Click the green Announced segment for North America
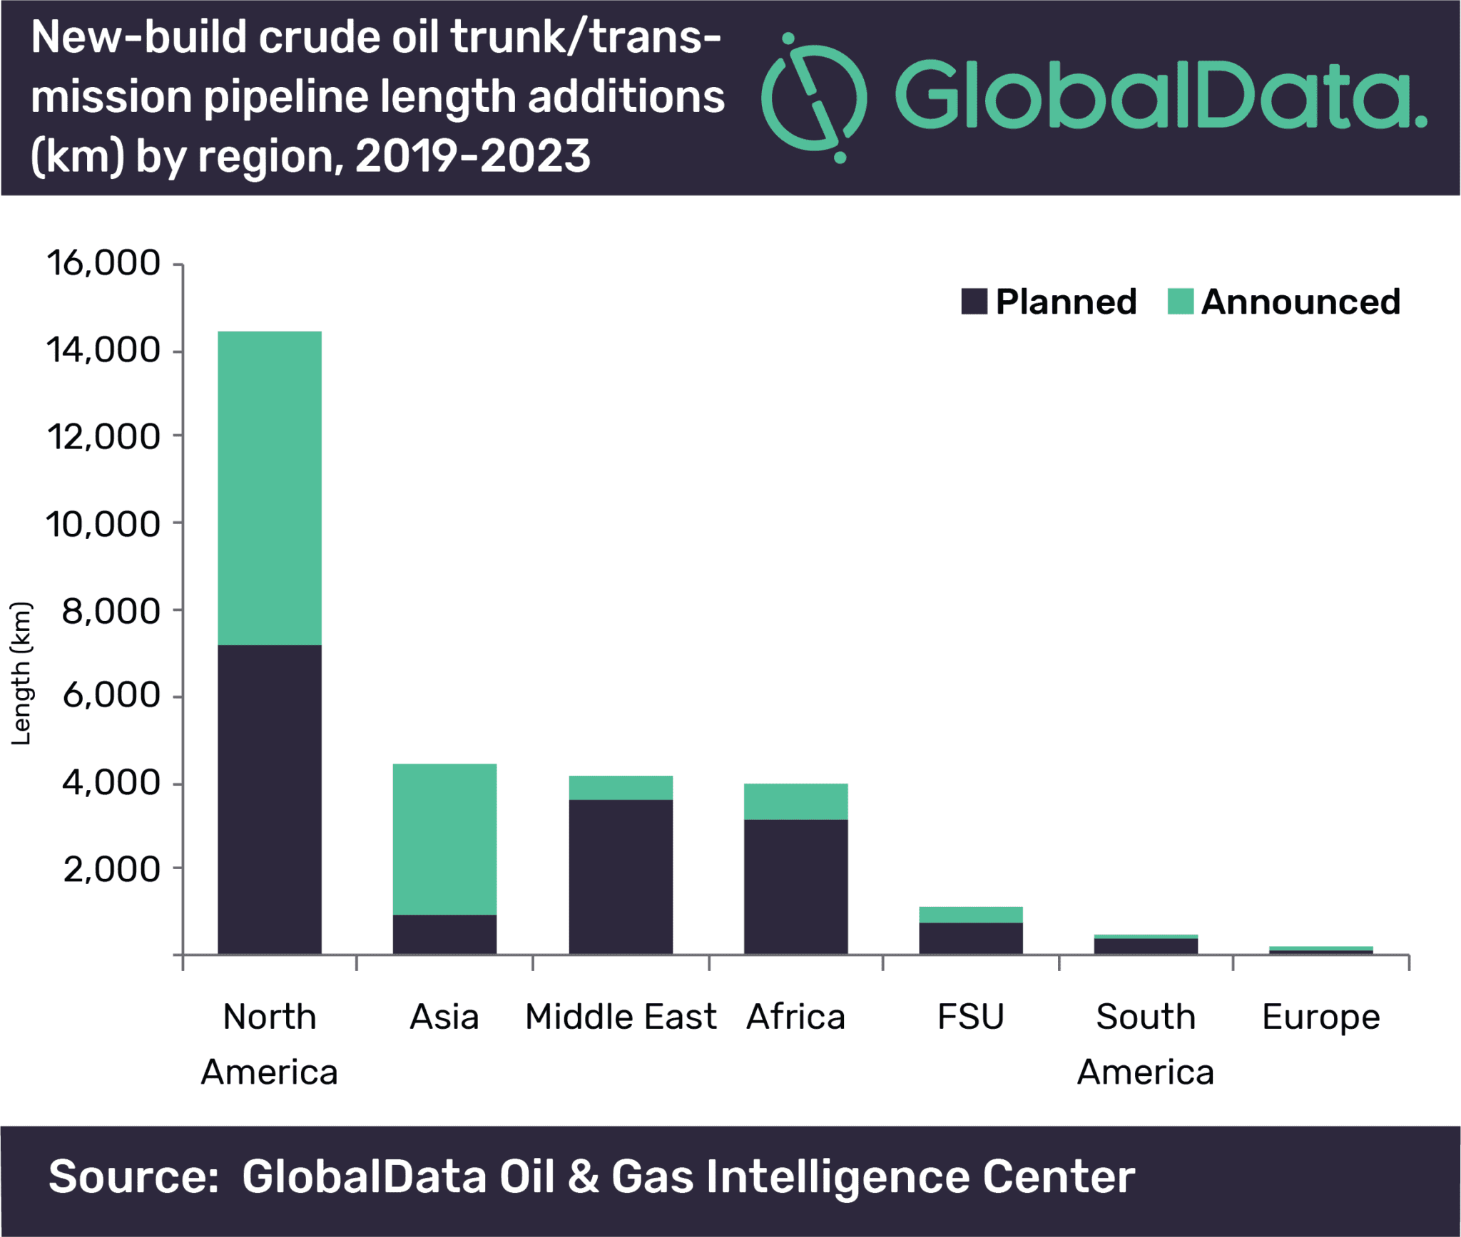(x=270, y=488)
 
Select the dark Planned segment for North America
(x=270, y=800)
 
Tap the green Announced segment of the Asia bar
(x=444, y=839)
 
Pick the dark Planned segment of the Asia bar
(x=444, y=935)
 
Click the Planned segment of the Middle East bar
(x=621, y=877)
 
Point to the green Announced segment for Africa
(x=796, y=802)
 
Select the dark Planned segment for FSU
(x=971, y=938)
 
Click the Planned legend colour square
(x=974, y=301)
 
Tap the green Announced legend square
(x=1181, y=301)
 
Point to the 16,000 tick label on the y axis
(x=103, y=263)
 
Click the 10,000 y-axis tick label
(x=103, y=525)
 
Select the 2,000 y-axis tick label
(x=112, y=870)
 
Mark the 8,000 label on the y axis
(x=112, y=612)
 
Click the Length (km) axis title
(x=21, y=674)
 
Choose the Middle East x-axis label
(x=621, y=1017)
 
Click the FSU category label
(x=971, y=1017)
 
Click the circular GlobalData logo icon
(x=814, y=98)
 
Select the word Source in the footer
(x=133, y=1177)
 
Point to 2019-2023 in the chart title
(x=472, y=156)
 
